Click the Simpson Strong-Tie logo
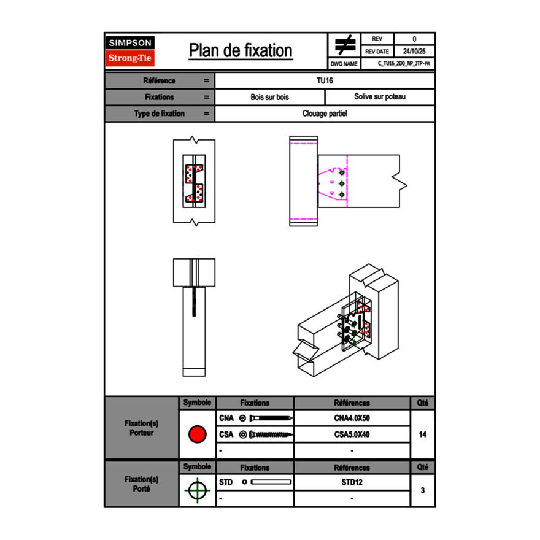pyautogui.click(x=130, y=52)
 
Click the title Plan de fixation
pyautogui.click(x=241, y=51)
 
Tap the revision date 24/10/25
pyautogui.click(x=414, y=52)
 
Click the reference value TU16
pyautogui.click(x=325, y=80)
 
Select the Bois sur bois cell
pyautogui.click(x=270, y=97)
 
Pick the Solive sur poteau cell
pyautogui.click(x=380, y=97)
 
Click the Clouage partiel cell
pyautogui.click(x=325, y=114)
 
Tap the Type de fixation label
pyautogui.click(x=160, y=114)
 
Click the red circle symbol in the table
pyautogui.click(x=197, y=434)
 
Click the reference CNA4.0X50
pyautogui.click(x=352, y=418)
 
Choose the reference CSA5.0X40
pyautogui.click(x=352, y=434)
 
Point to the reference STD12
pyautogui.click(x=352, y=482)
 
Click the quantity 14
pyautogui.click(x=422, y=434)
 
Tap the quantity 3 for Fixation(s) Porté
pyautogui.click(x=422, y=490)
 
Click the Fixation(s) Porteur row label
pyautogui.click(x=141, y=428)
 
